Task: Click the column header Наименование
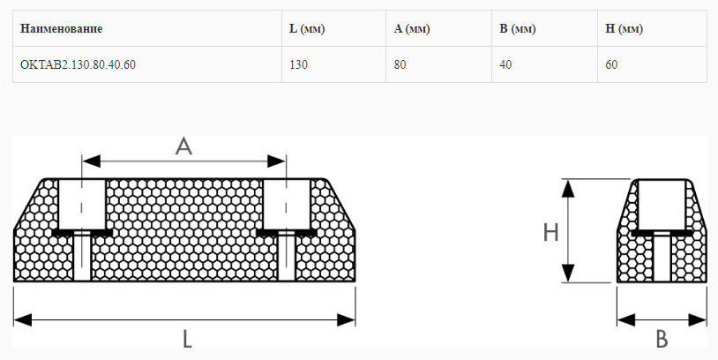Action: click(x=61, y=29)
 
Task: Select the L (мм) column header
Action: click(x=307, y=29)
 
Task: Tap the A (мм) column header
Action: click(x=411, y=29)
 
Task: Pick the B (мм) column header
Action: click(x=517, y=29)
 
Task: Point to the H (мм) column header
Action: click(x=624, y=29)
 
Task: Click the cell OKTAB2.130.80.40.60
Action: click(x=78, y=64)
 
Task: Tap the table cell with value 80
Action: click(x=400, y=64)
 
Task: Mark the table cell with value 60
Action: click(x=612, y=64)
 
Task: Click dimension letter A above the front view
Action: click(x=183, y=146)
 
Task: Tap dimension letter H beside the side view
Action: click(x=551, y=232)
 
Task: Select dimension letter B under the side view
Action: click(x=662, y=339)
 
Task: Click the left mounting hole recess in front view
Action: click(x=81, y=203)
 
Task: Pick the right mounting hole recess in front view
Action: click(x=285, y=203)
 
